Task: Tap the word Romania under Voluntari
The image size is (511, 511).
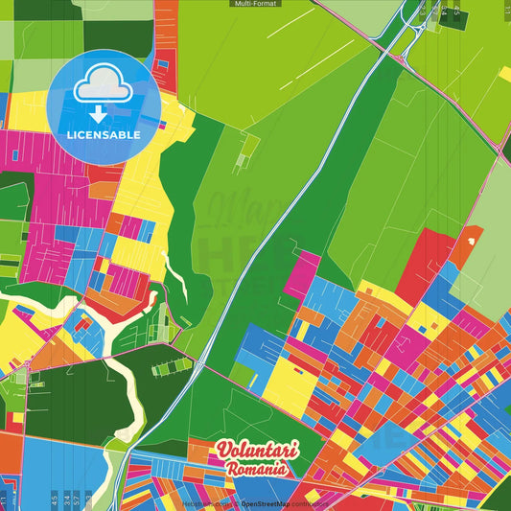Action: tap(257, 470)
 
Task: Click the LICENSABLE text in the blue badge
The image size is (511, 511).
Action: tap(104, 135)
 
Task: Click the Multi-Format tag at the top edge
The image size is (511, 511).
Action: tap(255, 4)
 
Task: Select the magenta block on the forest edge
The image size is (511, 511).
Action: tap(301, 273)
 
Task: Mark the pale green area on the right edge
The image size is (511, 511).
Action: tap(489, 240)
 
